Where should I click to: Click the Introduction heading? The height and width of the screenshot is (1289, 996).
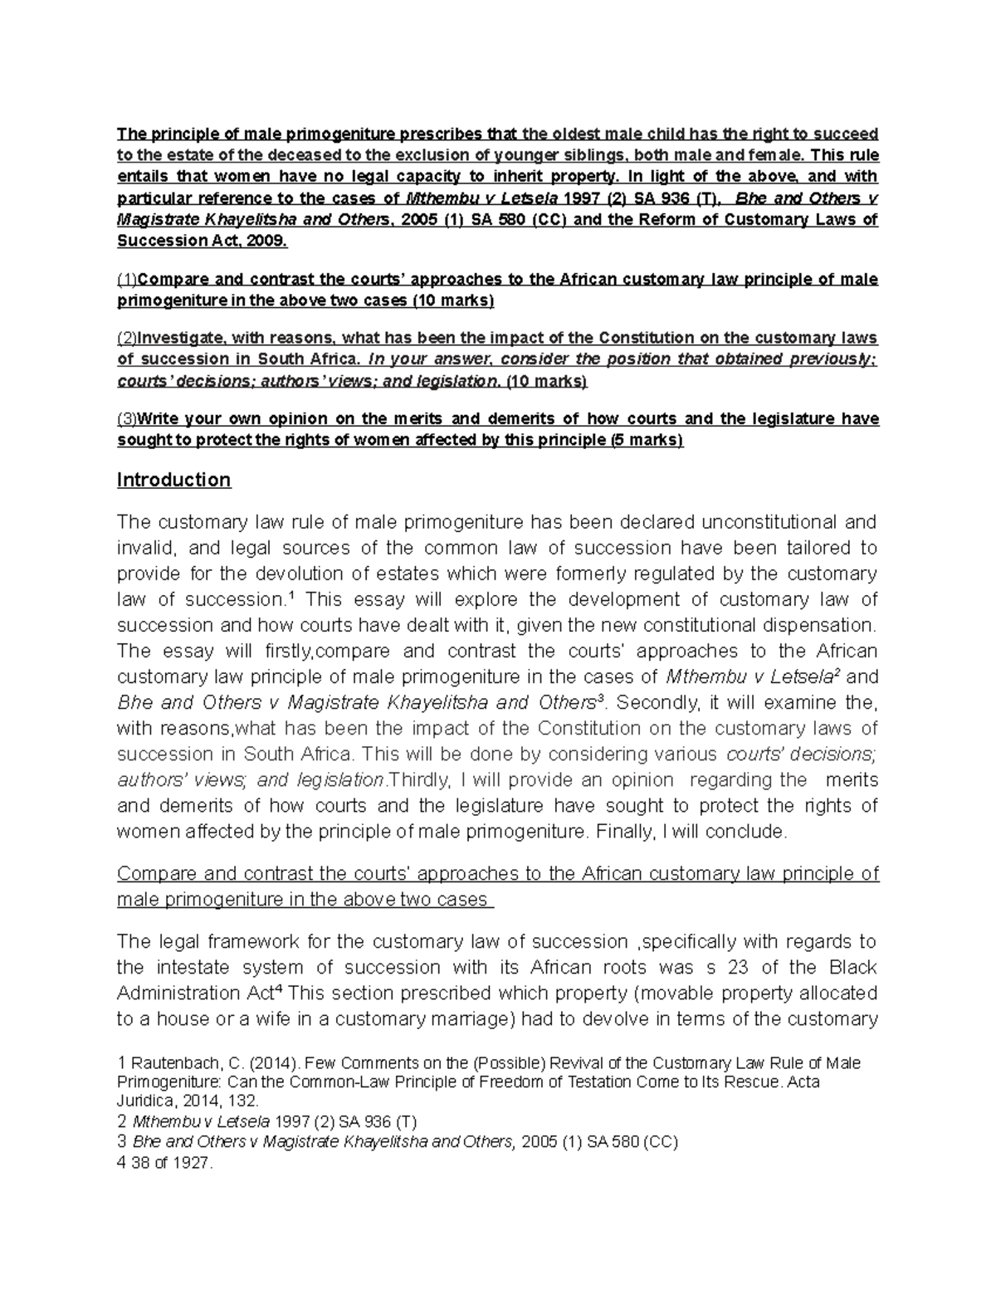point(173,481)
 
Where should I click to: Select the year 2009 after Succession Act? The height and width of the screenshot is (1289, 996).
point(266,241)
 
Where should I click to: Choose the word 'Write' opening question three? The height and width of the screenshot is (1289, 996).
point(158,419)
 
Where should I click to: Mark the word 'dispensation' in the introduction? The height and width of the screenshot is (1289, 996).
point(819,626)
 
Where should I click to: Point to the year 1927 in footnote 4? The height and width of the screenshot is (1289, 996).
point(194,1164)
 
